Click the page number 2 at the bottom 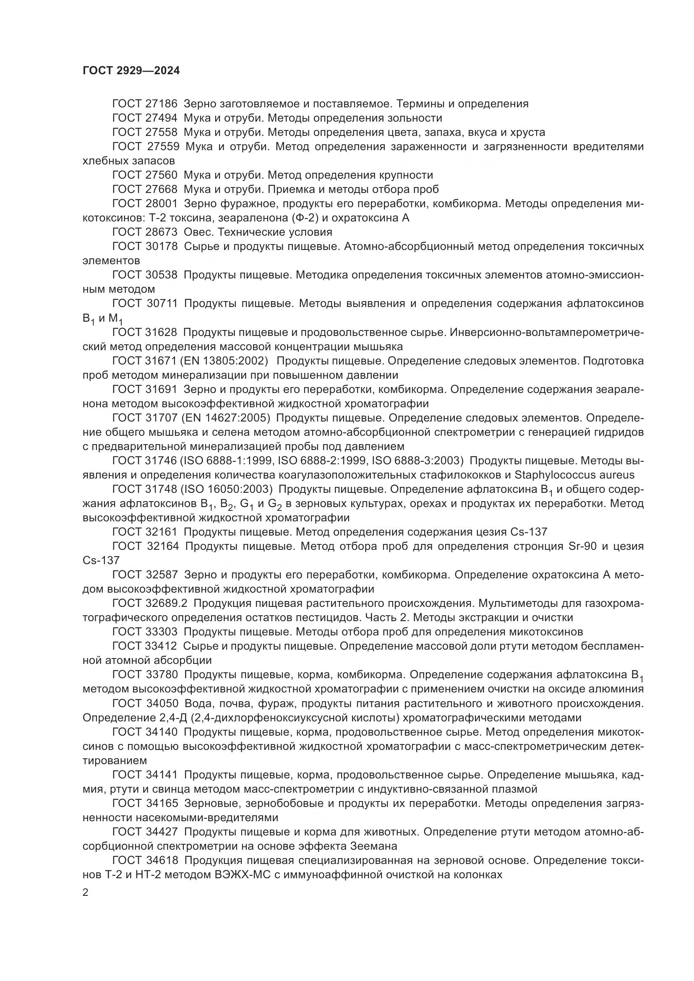[x=86, y=893]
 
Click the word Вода [x=199, y=703]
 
